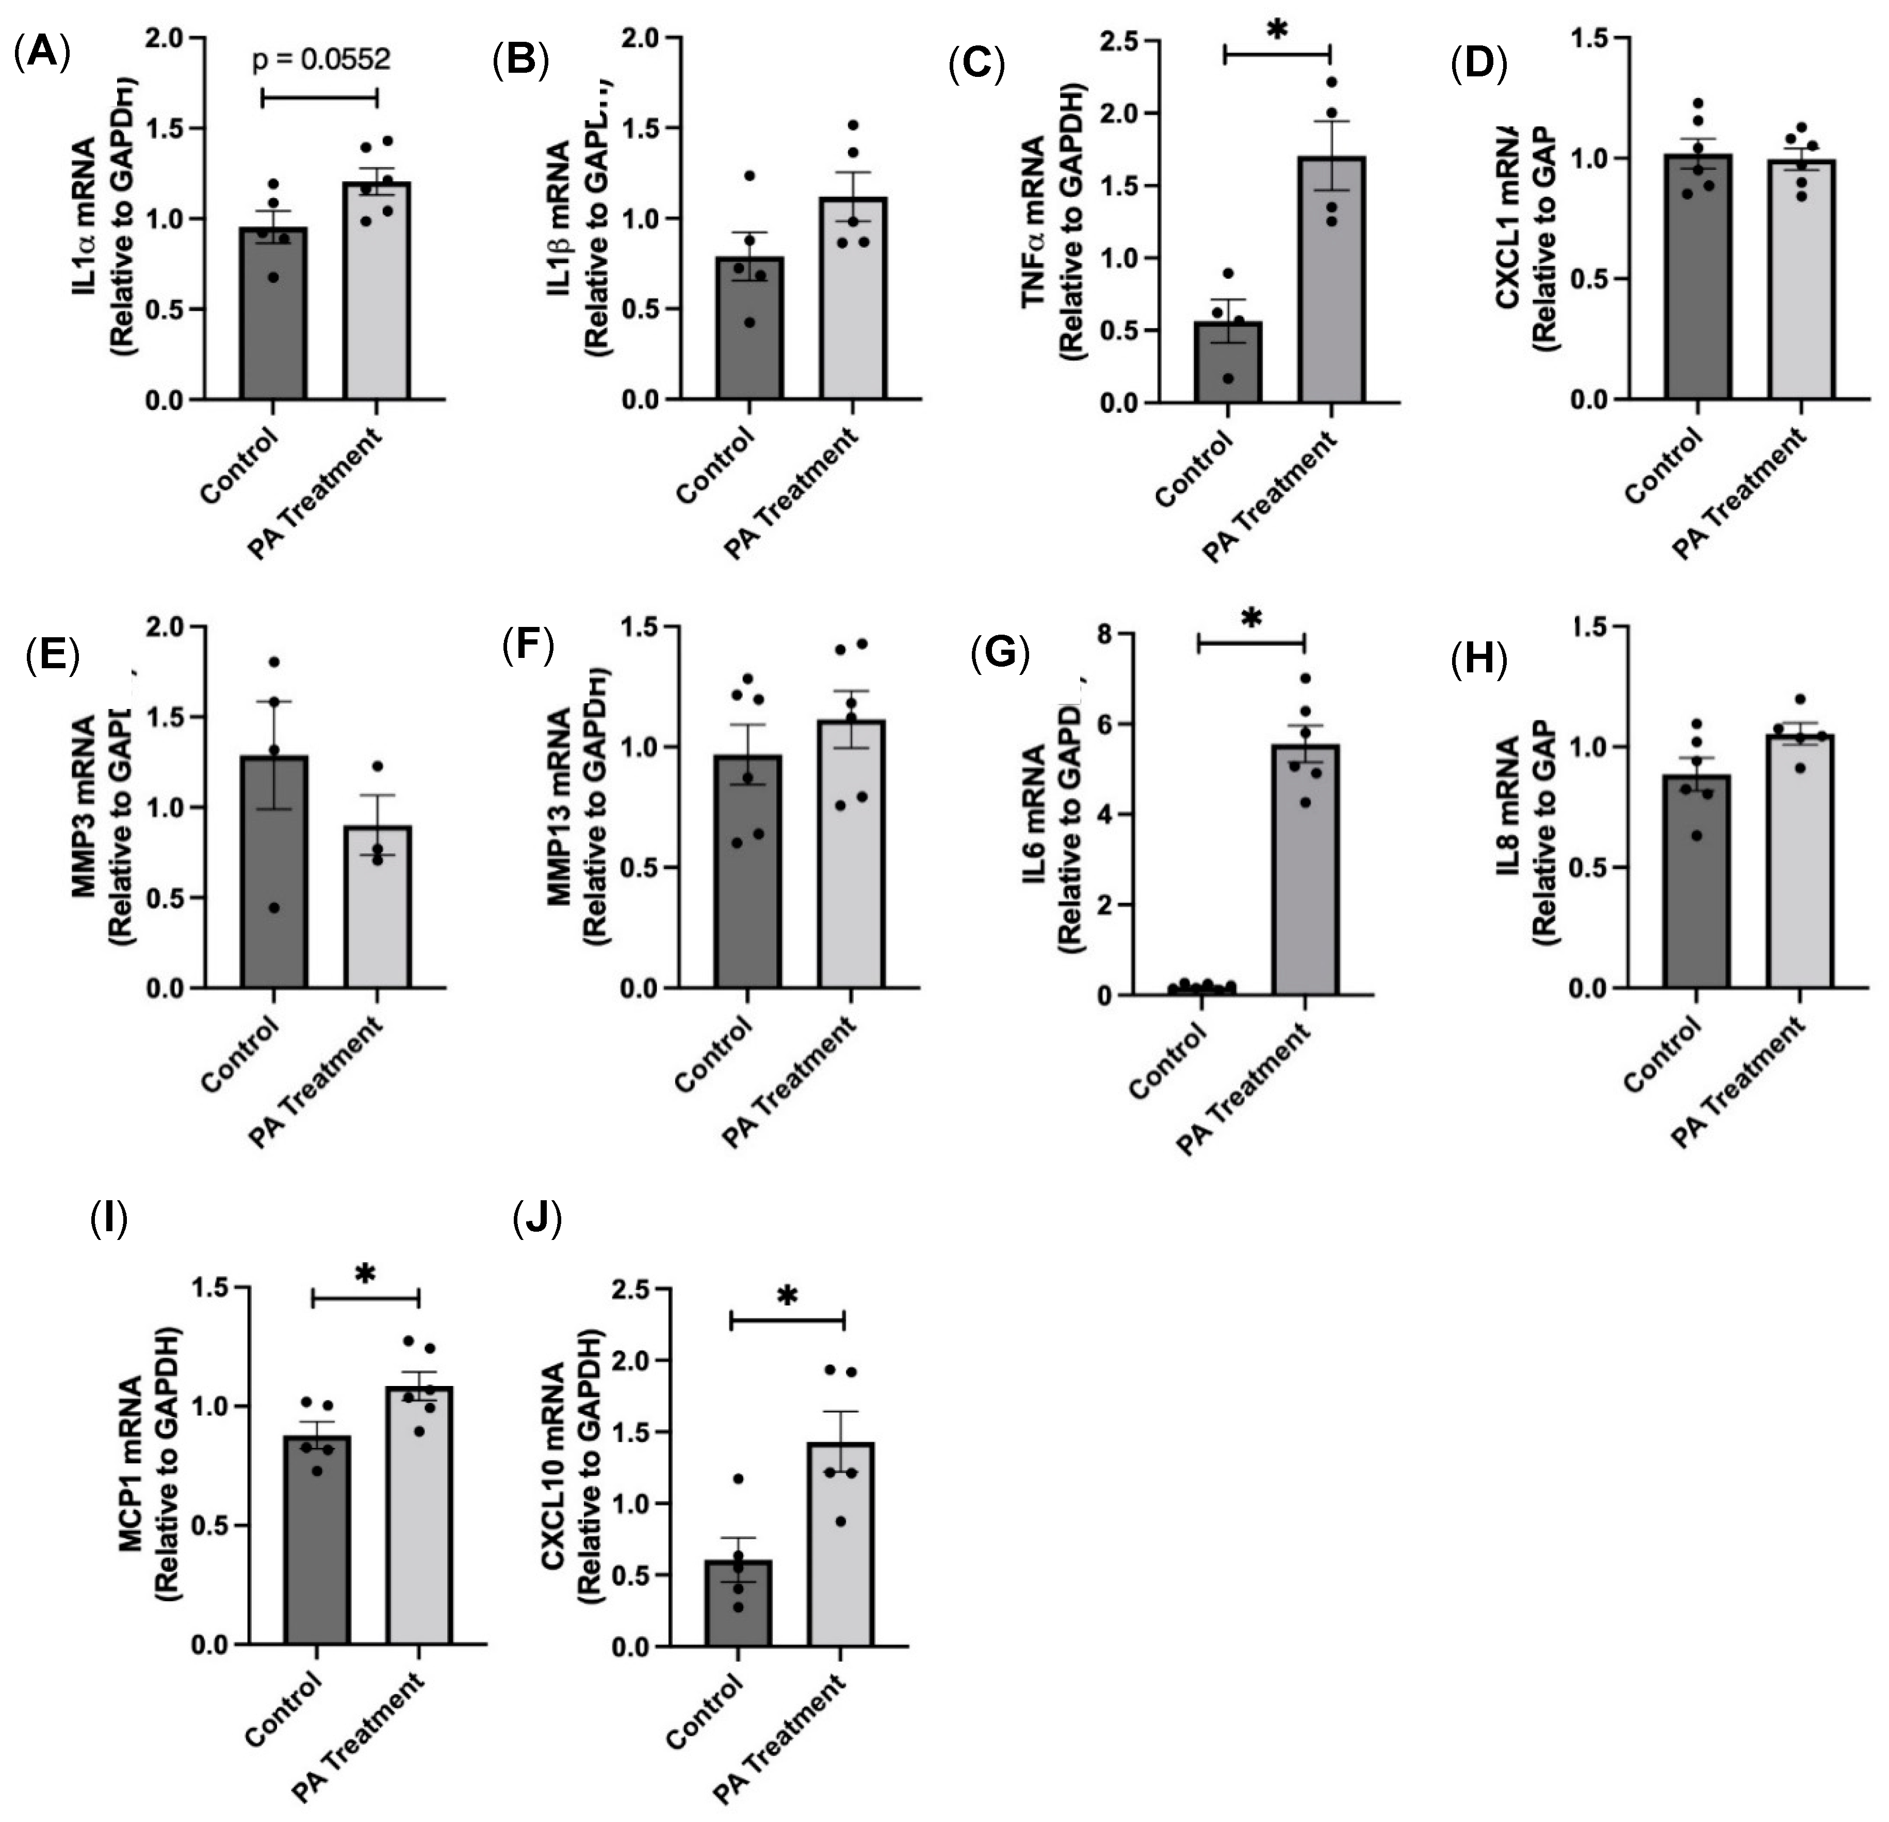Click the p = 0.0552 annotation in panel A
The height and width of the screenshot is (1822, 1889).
pos(321,60)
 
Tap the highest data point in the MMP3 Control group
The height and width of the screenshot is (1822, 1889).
pos(274,662)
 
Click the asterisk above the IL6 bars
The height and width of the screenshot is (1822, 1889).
pos(1251,618)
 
